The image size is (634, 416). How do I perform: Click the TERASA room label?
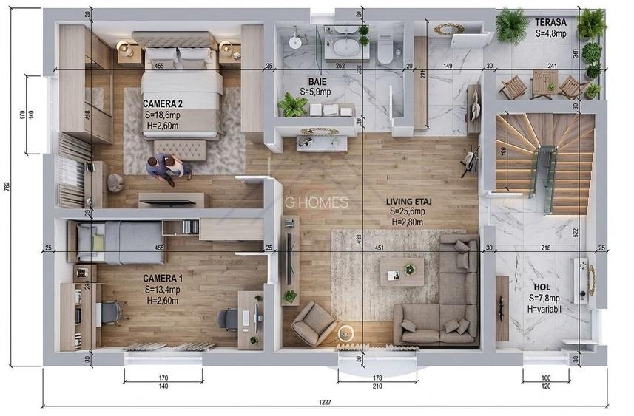(x=550, y=22)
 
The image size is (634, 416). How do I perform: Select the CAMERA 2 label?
(x=163, y=104)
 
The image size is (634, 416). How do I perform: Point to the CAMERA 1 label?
(x=163, y=278)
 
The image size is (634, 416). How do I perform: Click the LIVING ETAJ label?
(x=409, y=200)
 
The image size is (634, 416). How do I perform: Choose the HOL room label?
(x=542, y=287)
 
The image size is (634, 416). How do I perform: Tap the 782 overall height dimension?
(x=7, y=187)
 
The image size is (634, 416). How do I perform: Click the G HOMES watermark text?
(x=319, y=202)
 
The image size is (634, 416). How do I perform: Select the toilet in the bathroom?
(x=384, y=50)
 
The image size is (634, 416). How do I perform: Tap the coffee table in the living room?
(x=402, y=271)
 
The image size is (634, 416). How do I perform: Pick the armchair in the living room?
(x=313, y=321)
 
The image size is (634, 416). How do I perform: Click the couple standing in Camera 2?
(x=167, y=168)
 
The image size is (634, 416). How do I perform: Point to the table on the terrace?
(x=542, y=83)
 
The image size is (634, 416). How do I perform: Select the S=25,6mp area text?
(x=409, y=211)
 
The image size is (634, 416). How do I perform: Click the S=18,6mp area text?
(x=163, y=115)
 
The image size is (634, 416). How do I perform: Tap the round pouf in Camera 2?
(x=116, y=183)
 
